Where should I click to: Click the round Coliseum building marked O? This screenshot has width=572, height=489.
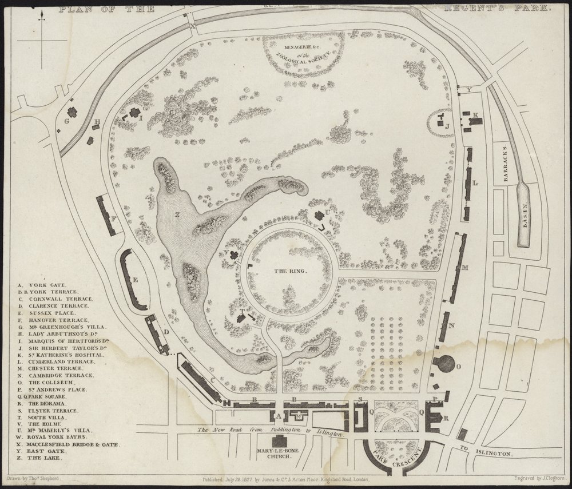click(x=446, y=363)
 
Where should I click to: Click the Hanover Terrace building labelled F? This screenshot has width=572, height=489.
click(x=108, y=216)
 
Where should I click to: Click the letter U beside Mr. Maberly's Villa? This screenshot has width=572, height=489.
click(x=328, y=213)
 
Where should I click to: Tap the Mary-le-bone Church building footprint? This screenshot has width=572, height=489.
click(x=280, y=441)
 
